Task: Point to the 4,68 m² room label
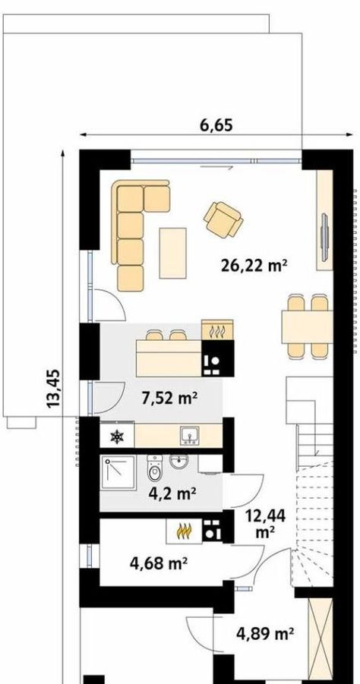tap(159, 563)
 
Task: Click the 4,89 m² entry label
tap(264, 633)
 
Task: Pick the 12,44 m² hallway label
tap(265, 524)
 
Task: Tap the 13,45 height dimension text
tap(53, 389)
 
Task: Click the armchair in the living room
tap(223, 219)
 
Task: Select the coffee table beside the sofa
tap(173, 253)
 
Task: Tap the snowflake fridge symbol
tap(117, 437)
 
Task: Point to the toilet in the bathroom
tap(154, 468)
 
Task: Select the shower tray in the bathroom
tap(118, 473)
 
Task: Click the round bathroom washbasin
tap(179, 462)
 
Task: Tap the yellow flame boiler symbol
tap(184, 531)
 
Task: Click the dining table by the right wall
tap(307, 326)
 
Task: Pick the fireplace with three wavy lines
tap(217, 330)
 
